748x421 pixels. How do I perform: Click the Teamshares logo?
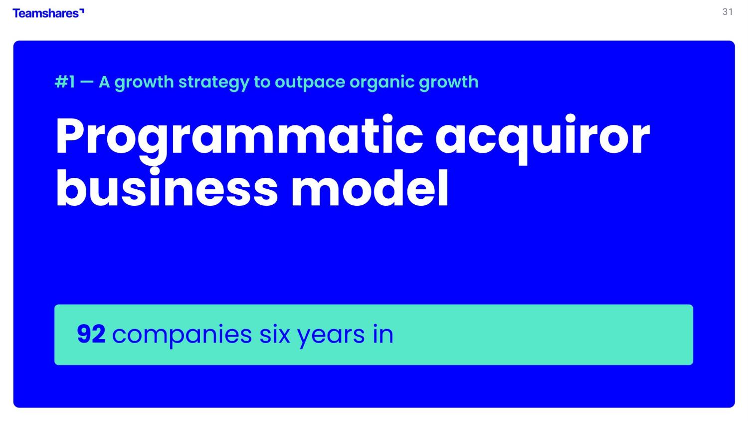point(48,13)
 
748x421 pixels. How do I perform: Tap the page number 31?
point(728,12)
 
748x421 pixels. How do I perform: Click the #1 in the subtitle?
point(65,82)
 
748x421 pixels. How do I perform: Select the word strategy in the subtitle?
point(214,83)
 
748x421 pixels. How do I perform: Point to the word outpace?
point(310,83)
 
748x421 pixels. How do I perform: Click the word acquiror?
point(543,139)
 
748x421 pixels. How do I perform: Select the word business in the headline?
point(167,188)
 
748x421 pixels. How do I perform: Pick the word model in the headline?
point(370,188)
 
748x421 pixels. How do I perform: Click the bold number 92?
point(91,334)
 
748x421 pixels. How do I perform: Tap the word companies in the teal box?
point(182,336)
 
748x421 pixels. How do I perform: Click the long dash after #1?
point(87,82)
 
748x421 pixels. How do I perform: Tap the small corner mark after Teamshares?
point(82,10)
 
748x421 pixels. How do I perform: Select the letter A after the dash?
point(104,82)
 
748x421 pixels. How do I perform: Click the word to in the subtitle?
point(262,82)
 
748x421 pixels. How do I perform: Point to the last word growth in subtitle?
point(449,82)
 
